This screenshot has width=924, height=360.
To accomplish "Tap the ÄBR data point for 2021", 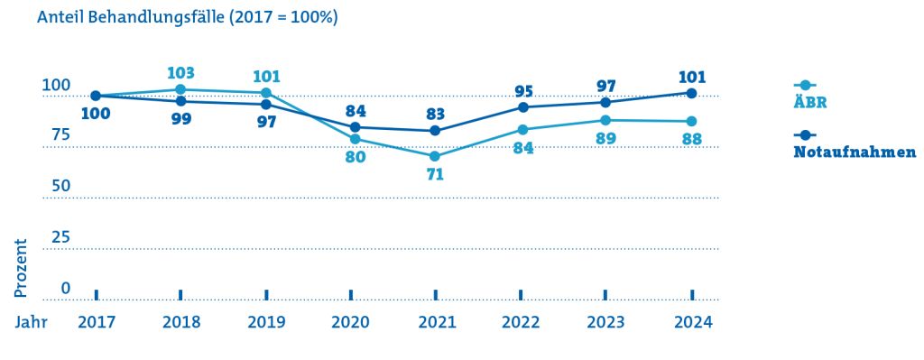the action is [435, 156].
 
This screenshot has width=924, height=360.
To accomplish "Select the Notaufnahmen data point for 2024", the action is [692, 93].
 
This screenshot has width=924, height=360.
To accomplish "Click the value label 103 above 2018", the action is [180, 73].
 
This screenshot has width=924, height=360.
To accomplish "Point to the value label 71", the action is [435, 174].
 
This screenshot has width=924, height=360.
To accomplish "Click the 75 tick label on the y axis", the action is [57, 135].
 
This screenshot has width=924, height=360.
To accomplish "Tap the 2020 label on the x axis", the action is [350, 323].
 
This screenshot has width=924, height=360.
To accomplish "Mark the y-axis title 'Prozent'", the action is [21, 268].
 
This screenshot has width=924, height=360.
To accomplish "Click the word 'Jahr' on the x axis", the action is [32, 323].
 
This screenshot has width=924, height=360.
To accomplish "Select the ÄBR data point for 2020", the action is [355, 139].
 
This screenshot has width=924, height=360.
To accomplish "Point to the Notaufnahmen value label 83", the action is [434, 113].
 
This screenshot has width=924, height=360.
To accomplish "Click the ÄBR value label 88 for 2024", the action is [692, 140].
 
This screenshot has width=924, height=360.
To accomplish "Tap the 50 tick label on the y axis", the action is [58, 186].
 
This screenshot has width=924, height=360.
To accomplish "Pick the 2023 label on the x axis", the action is [606, 323].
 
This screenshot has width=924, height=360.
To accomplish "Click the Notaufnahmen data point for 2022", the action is [522, 107].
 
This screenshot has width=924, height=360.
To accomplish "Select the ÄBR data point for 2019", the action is [266, 93].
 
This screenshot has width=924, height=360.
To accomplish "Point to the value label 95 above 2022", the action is [523, 91].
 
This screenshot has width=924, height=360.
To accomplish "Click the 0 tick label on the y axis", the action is [65, 288].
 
